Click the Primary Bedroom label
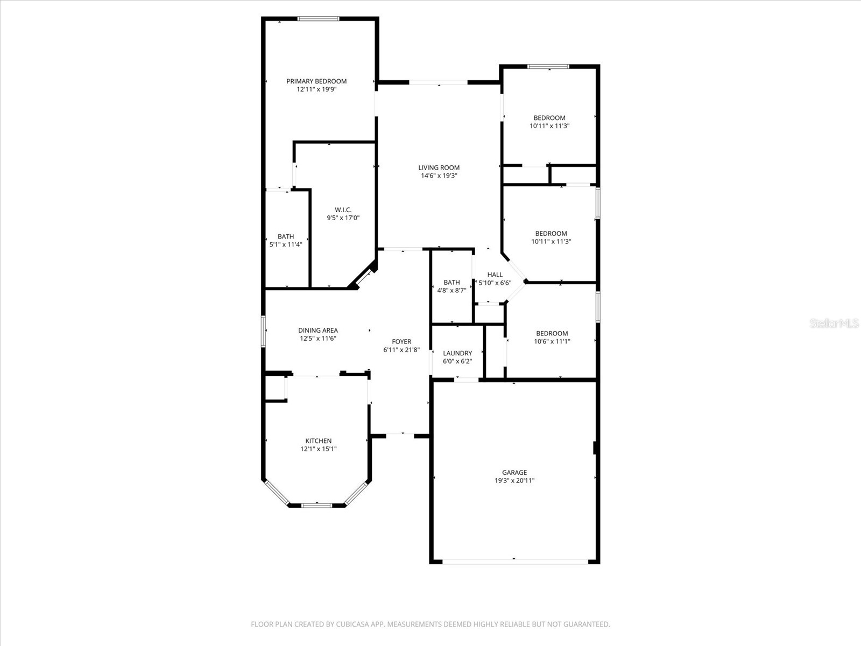(316, 81)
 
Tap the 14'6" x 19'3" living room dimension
(439, 175)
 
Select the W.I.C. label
(343, 209)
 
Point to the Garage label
(514, 473)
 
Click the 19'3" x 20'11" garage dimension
(514, 481)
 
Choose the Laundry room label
(457, 353)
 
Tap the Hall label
(495, 275)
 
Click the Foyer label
(401, 341)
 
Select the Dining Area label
(318, 331)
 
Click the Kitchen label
(319, 441)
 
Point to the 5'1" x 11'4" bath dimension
(286, 244)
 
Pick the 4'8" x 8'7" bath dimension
(451, 290)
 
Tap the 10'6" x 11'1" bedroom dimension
(552, 341)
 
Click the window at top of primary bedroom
(319, 19)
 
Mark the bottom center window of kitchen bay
(317, 505)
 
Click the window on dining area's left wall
(264, 331)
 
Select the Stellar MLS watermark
(835, 324)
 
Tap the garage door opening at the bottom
(515, 561)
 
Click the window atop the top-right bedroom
(548, 67)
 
